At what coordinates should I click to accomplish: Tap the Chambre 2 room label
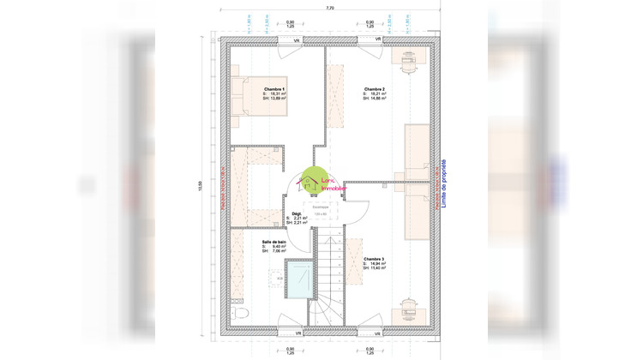pos(374,89)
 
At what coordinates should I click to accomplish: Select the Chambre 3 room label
pos(374,259)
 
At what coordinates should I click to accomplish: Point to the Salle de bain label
pos(274,242)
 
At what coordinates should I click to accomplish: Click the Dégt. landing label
pos(297,213)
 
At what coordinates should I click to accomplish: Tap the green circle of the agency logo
pos(312,181)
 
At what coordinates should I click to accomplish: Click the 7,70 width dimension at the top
pos(330,8)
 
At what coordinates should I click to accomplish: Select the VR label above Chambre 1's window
pos(295,40)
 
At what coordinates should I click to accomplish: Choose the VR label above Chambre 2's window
pos(370,40)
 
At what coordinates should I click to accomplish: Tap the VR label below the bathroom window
pos(295,332)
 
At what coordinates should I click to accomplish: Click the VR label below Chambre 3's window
pos(370,332)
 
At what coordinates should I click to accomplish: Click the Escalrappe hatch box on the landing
pos(320,209)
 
